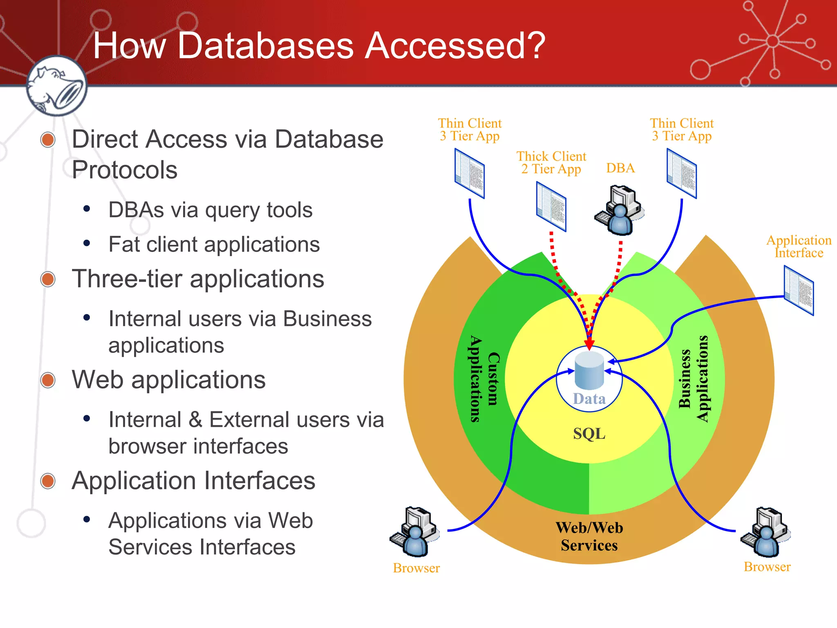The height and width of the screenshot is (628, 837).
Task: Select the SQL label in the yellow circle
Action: pos(589,434)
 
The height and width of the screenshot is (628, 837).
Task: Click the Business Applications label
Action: pos(693,379)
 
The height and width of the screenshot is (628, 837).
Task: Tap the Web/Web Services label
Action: pos(589,536)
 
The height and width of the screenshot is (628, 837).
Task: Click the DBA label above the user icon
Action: pos(620,168)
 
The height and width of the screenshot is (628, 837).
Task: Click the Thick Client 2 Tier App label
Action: pos(551,162)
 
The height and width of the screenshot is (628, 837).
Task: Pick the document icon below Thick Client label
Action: pos(551,207)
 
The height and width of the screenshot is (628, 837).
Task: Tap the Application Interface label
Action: pos(799,247)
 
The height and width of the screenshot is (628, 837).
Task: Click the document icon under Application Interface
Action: pos(799,290)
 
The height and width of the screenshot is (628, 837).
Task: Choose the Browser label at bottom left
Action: pos(416,568)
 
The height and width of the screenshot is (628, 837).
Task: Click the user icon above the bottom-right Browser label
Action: pos(765,532)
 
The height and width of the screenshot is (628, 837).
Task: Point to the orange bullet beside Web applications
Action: pos(48,380)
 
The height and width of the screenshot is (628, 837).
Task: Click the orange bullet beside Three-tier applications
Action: pos(48,279)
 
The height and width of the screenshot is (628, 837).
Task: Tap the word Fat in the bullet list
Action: pos(124,244)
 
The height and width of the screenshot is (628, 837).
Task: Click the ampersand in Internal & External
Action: pos(195,420)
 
